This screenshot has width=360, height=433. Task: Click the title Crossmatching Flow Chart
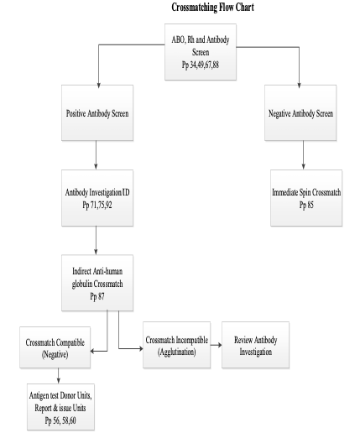[212, 8]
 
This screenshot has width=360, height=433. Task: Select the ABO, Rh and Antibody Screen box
[201, 52]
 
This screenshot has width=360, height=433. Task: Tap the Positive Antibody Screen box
[97, 112]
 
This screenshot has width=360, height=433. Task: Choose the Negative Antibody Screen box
[300, 112]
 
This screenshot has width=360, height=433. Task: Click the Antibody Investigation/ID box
[97, 198]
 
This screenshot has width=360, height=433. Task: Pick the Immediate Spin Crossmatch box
[306, 198]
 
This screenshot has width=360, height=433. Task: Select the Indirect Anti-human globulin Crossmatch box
[97, 283]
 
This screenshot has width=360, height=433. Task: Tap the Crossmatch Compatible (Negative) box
[55, 347]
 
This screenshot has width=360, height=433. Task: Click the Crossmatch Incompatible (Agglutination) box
[176, 345]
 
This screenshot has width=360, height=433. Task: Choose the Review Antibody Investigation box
[255, 345]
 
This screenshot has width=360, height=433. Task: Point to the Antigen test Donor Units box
[60, 407]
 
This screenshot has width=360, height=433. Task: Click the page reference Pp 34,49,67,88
[201, 65]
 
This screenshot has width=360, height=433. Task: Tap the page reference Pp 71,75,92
[97, 205]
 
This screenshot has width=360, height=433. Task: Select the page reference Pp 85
[306, 205]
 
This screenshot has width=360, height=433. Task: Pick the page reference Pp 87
[97, 296]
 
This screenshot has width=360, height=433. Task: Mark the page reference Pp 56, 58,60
[60, 420]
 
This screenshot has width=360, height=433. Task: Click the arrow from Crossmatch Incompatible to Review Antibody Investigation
[216, 345]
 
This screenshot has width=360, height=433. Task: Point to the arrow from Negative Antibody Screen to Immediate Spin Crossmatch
[303, 155]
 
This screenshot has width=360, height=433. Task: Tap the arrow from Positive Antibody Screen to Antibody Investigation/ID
[96, 155]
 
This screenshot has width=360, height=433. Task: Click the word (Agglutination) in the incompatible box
[176, 352]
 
